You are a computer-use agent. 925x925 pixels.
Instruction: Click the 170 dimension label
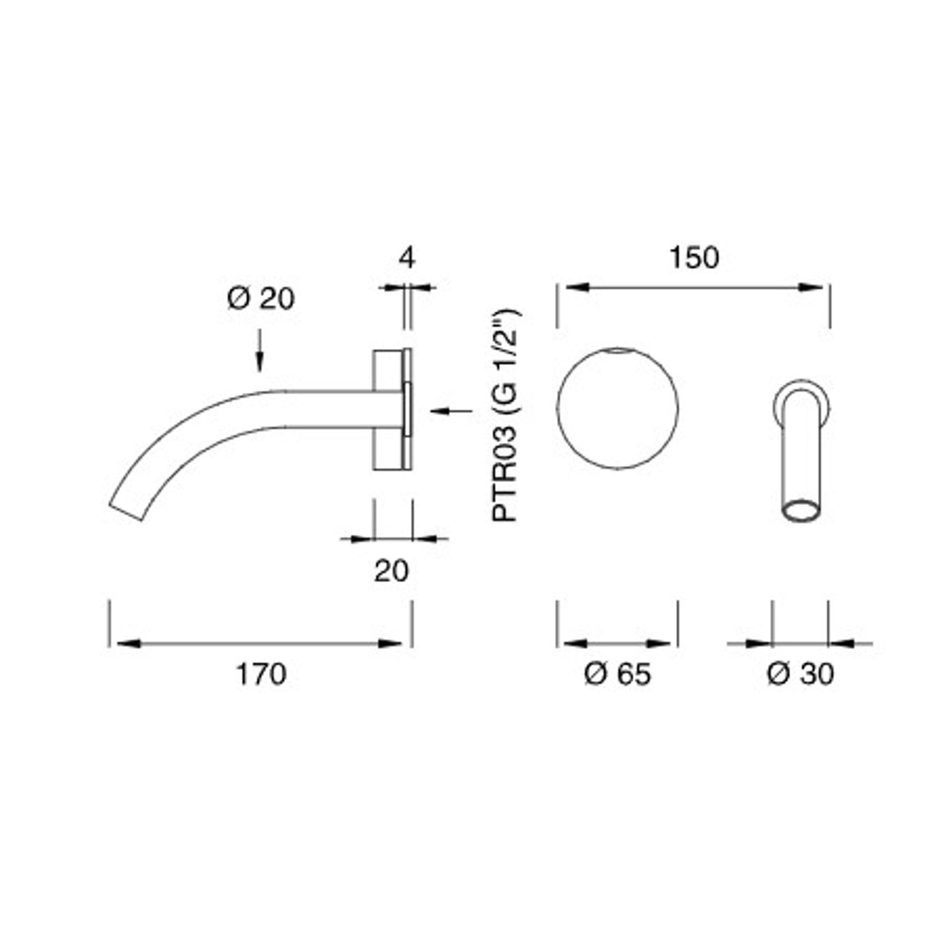click(x=261, y=674)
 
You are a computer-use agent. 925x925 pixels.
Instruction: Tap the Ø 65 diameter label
click(x=617, y=674)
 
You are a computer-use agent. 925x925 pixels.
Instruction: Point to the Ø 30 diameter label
click(x=800, y=674)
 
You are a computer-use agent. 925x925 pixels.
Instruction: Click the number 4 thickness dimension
click(x=407, y=258)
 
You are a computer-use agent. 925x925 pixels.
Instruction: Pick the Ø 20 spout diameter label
click(x=261, y=299)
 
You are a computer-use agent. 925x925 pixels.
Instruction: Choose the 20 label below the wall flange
click(x=391, y=571)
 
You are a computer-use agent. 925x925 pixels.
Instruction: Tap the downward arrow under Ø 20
click(x=260, y=358)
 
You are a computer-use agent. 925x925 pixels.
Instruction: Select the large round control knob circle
click(x=618, y=408)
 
